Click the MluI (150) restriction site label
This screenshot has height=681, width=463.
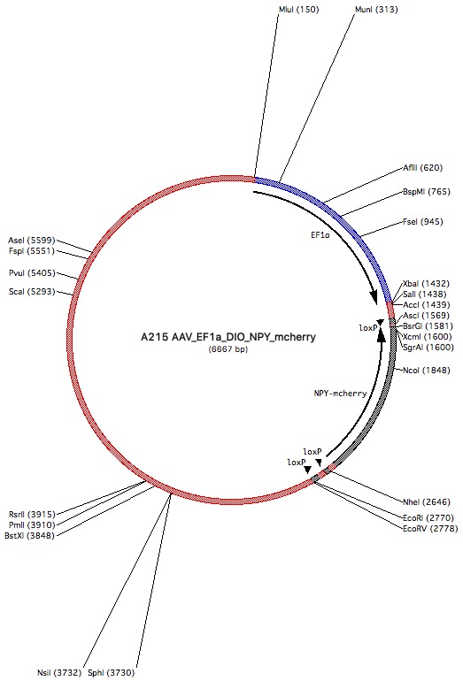point(298,10)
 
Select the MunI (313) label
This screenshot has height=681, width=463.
point(376,10)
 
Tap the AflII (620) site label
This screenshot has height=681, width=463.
point(422,168)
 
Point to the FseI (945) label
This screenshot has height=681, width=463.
point(422,222)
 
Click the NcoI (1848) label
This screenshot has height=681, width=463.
point(426,371)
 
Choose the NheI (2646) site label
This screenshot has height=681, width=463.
point(426,502)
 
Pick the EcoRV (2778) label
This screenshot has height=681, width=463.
point(430,529)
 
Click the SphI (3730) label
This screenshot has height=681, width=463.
point(111,673)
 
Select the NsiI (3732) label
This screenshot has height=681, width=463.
point(59,673)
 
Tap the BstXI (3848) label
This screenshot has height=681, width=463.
point(29,536)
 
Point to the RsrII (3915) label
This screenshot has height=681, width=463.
point(32,515)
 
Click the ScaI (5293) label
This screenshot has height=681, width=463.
point(32,292)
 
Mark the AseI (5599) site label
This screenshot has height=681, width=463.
point(31,241)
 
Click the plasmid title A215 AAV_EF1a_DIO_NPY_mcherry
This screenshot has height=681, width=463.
point(228,337)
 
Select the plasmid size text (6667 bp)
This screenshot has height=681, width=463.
point(228,349)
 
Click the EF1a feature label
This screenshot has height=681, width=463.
point(320,235)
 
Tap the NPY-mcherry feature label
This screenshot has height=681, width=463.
point(341,394)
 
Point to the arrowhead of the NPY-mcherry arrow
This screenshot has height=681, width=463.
point(382,335)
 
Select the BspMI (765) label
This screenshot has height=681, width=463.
point(427,192)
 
